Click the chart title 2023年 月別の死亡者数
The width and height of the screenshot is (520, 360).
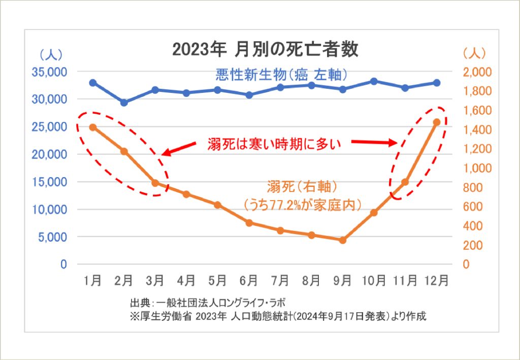pyautogui.click(x=265, y=49)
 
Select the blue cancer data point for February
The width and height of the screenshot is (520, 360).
pyautogui.click(x=124, y=103)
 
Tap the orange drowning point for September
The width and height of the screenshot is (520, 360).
pyautogui.click(x=343, y=240)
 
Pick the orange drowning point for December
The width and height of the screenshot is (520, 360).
pyautogui.click(x=436, y=122)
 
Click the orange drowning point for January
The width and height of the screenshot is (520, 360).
pyautogui.click(x=93, y=127)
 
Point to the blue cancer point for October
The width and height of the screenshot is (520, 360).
pyautogui.click(x=374, y=81)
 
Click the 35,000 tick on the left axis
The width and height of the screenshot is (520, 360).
pyautogui.click(x=49, y=72)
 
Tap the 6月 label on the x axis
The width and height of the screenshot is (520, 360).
pyautogui.click(x=249, y=280)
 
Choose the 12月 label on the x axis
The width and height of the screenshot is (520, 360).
pyautogui.click(x=436, y=280)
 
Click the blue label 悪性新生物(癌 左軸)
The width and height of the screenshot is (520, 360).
pyautogui.click(x=281, y=75)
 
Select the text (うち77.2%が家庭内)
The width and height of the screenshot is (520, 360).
pyautogui.click(x=303, y=204)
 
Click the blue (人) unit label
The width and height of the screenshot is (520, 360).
pyautogui.click(x=50, y=53)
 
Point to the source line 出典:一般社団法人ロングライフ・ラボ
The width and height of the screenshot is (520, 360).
pyautogui.click(x=210, y=304)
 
